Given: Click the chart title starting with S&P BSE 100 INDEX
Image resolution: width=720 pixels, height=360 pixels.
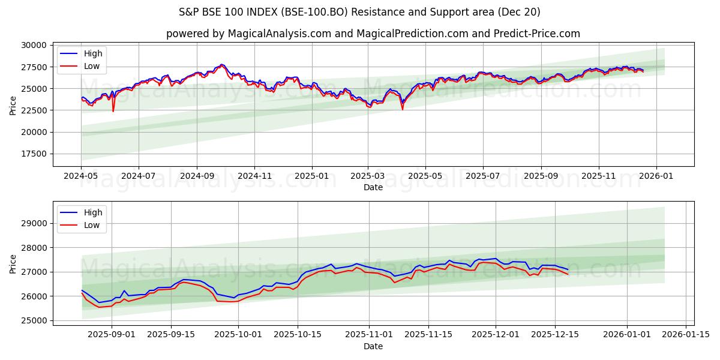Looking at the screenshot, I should pyautogui.click(x=359, y=12).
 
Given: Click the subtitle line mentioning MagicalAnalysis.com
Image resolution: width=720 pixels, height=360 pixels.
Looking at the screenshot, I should pyautogui.click(x=373, y=34).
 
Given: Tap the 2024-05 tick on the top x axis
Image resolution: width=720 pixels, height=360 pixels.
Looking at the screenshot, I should pyautogui.click(x=81, y=176).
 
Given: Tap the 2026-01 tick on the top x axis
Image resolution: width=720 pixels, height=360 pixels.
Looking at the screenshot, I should pyautogui.click(x=655, y=176).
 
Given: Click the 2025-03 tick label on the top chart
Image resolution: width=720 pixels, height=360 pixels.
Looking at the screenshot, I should pyautogui.click(x=368, y=176).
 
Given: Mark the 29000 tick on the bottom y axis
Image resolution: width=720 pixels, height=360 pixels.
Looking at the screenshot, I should pyautogui.click(x=34, y=223).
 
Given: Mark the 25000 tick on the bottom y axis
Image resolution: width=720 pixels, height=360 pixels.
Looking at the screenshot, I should pyautogui.click(x=34, y=321).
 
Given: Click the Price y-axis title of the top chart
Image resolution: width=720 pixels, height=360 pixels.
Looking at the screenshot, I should pyautogui.click(x=13, y=106).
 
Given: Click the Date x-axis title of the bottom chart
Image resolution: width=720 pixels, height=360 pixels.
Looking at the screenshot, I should pyautogui.click(x=373, y=346).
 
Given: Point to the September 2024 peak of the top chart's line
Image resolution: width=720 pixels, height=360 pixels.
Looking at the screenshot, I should pyautogui.click(x=221, y=64).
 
